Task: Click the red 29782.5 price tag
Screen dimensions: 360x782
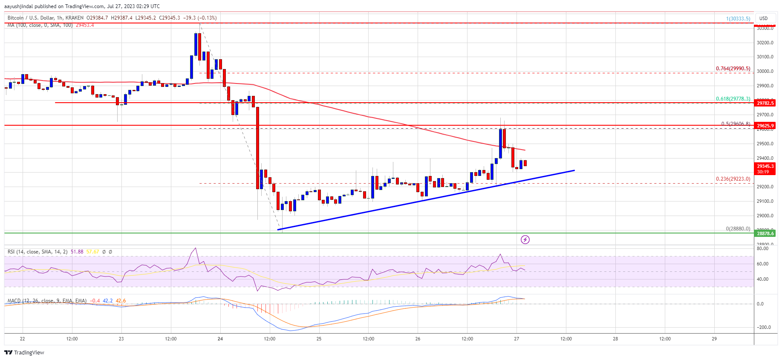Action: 765,103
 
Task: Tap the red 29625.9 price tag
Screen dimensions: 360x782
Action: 765,126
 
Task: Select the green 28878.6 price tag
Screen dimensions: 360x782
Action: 765,233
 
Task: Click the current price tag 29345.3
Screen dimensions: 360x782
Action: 765,167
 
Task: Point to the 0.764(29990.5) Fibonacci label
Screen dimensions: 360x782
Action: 733,69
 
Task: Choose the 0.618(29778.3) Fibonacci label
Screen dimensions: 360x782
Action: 733,99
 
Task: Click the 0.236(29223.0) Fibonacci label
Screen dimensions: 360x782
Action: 733,179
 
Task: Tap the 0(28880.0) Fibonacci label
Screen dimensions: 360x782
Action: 738,229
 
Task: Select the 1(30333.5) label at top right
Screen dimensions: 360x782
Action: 738,19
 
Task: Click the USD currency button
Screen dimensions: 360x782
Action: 763,18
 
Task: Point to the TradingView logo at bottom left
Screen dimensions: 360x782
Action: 24,352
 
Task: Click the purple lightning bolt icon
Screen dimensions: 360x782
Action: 525,240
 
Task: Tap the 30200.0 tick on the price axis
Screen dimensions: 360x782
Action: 765,43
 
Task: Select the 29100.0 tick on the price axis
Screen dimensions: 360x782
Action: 765,201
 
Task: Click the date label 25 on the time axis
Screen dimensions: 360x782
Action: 319,339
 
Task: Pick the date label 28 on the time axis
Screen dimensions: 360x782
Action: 615,339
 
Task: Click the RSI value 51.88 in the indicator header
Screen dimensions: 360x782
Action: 77,252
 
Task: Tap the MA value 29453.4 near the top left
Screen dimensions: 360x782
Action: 85,25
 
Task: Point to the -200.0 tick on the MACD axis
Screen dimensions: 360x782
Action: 763,327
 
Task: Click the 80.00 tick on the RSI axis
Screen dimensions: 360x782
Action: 762,248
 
